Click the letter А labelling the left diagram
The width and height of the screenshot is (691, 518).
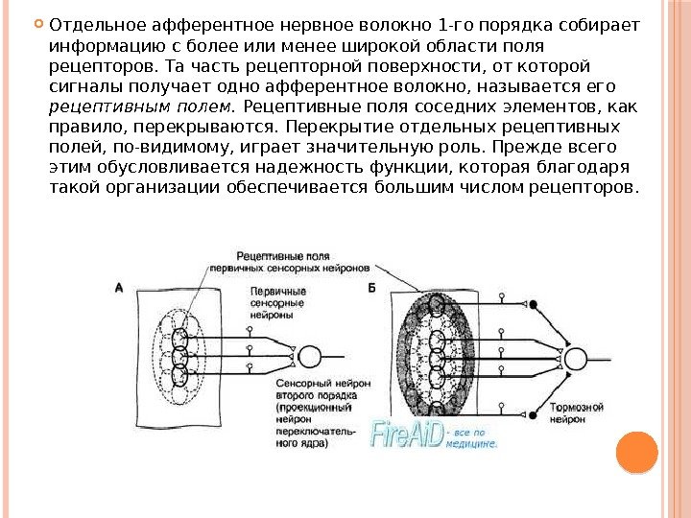(x=118, y=287)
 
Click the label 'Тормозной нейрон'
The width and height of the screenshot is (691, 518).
(x=576, y=414)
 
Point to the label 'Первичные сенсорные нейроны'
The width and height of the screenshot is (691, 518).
(x=277, y=302)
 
